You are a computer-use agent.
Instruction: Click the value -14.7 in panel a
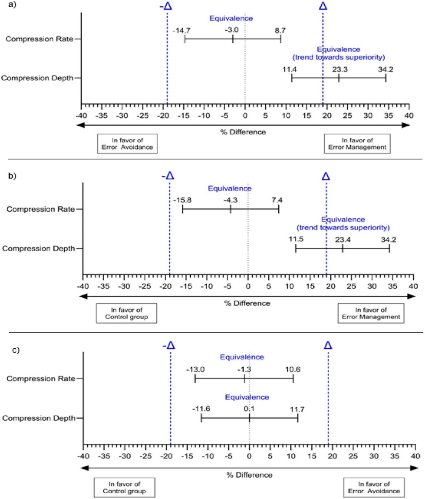coord(181,30)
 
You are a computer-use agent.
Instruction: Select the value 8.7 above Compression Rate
coord(280,30)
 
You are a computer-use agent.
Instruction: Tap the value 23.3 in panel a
coord(340,69)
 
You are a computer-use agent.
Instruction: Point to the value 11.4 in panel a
coord(289,69)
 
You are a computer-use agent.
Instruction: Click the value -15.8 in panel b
coord(182,200)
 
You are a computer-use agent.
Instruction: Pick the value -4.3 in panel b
coord(230,200)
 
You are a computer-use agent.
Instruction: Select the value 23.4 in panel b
coord(342,240)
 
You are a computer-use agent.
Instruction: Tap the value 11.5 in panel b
coord(296,239)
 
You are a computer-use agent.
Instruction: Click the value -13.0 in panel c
coord(195,370)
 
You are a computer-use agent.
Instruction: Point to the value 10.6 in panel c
coord(293,370)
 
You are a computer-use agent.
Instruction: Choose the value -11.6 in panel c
coord(201,409)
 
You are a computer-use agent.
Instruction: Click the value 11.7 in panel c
coord(297,409)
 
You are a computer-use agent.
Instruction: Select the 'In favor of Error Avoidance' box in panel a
coord(127,143)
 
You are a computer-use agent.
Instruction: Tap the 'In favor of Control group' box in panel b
coord(126,313)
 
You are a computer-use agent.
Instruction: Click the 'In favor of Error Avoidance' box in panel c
coord(374,488)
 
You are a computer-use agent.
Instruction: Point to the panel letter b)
coord(12,176)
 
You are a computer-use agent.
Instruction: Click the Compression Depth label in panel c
coord(39,418)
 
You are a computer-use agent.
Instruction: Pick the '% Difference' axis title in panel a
coord(243,132)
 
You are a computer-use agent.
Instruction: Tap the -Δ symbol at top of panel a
coord(166,6)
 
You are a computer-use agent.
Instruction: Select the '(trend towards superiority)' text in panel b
coord(343,228)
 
